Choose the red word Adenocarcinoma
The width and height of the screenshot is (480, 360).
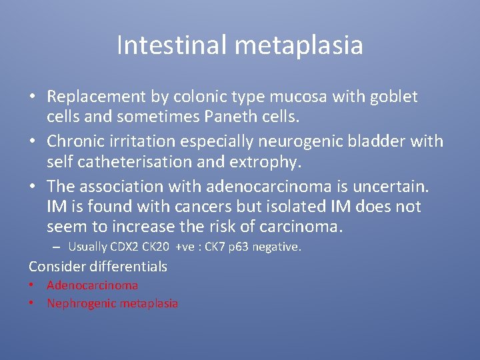[x=93, y=285]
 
